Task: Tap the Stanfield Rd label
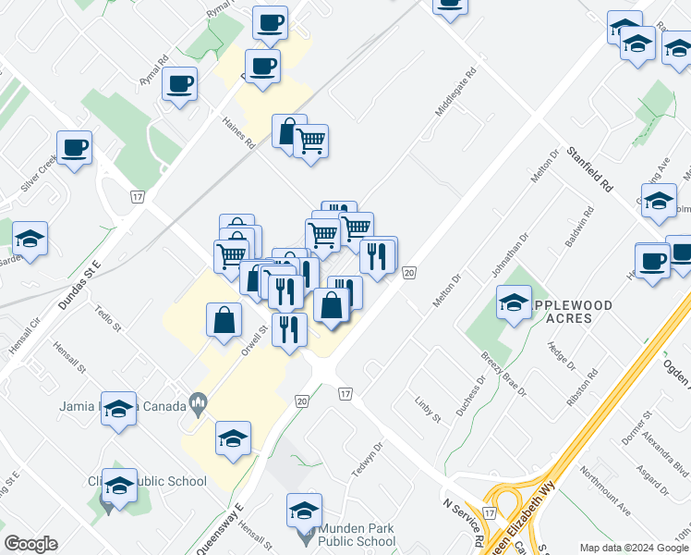pyautogui.click(x=589, y=168)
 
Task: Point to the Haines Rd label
pyautogui.click(x=238, y=131)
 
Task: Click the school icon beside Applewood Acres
pyautogui.click(x=514, y=302)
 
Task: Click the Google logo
pyautogui.click(x=30, y=544)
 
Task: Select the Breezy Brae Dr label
pyautogui.click(x=503, y=372)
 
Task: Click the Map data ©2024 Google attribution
pyautogui.click(x=632, y=547)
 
